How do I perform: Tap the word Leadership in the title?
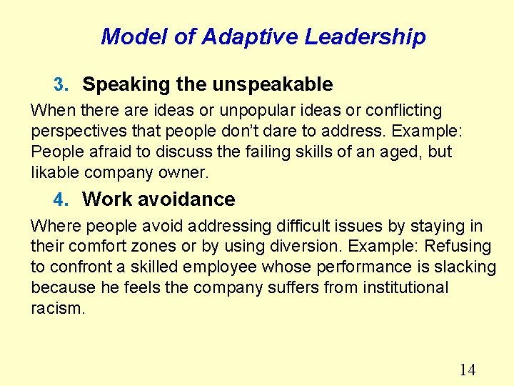click(x=366, y=36)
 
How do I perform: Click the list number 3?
click(x=60, y=85)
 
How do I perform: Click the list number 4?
click(x=60, y=200)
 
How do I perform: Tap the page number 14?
click(x=467, y=370)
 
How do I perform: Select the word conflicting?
click(x=403, y=111)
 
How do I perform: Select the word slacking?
click(x=466, y=267)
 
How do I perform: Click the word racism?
click(x=58, y=308)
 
